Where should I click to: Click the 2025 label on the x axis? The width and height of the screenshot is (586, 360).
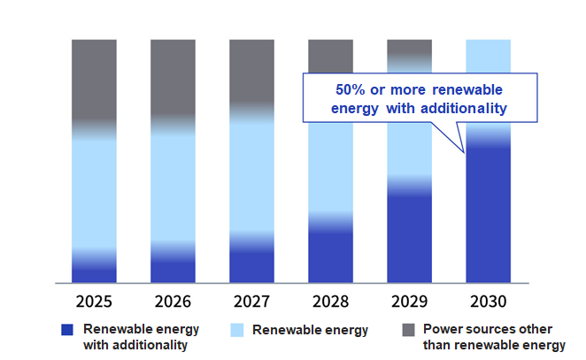pos(94,301)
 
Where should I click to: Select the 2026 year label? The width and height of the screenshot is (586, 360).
pos(173,301)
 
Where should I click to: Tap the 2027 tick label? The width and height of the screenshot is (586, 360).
pos(251,301)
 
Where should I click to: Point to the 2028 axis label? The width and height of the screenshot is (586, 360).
pos(330,301)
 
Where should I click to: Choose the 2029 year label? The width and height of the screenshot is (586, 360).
pos(409,301)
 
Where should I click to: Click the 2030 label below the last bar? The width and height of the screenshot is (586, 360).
pos(488,301)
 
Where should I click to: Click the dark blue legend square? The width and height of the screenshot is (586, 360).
pos(67,330)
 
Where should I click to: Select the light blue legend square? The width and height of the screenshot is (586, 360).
pos(235,330)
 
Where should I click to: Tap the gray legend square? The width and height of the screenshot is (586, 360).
pos(408,330)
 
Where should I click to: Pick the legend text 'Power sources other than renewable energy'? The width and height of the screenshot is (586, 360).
pos(494,337)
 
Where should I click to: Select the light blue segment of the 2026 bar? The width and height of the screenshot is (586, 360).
pos(173,186)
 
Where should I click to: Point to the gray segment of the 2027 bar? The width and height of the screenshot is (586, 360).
pos(251,71)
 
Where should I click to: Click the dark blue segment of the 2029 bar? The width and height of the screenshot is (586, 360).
pos(409,239)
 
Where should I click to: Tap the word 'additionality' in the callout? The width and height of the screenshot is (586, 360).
pos(466,109)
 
